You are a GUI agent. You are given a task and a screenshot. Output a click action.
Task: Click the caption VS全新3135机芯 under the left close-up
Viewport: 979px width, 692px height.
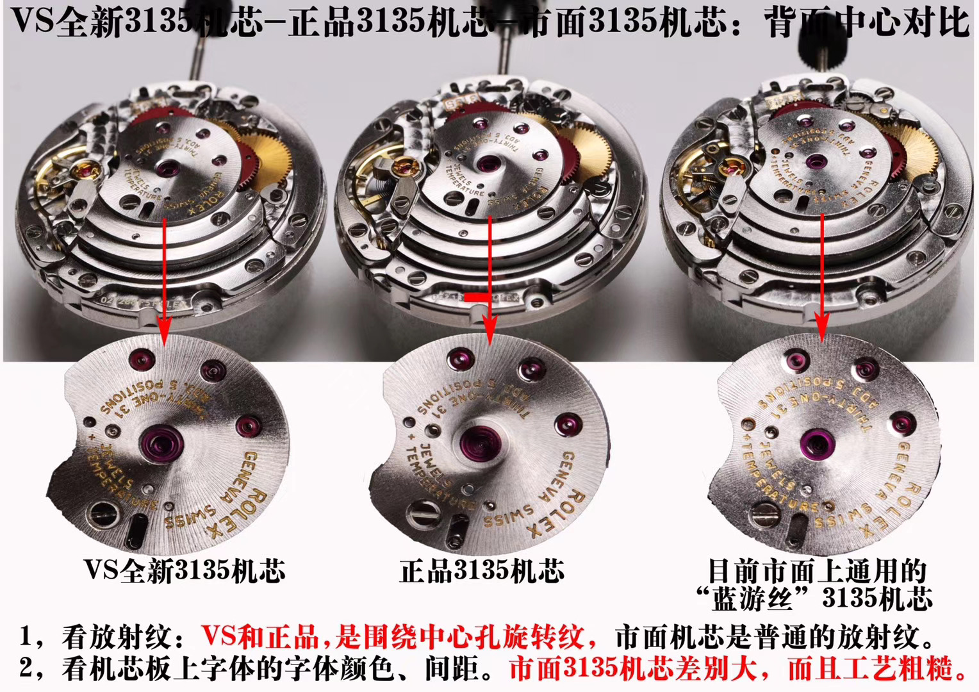[184, 570]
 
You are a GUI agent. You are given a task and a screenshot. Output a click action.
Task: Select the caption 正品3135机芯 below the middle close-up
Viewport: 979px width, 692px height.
[482, 570]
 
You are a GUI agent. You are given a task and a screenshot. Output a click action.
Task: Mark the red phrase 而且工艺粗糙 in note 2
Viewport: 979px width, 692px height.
[878, 669]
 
